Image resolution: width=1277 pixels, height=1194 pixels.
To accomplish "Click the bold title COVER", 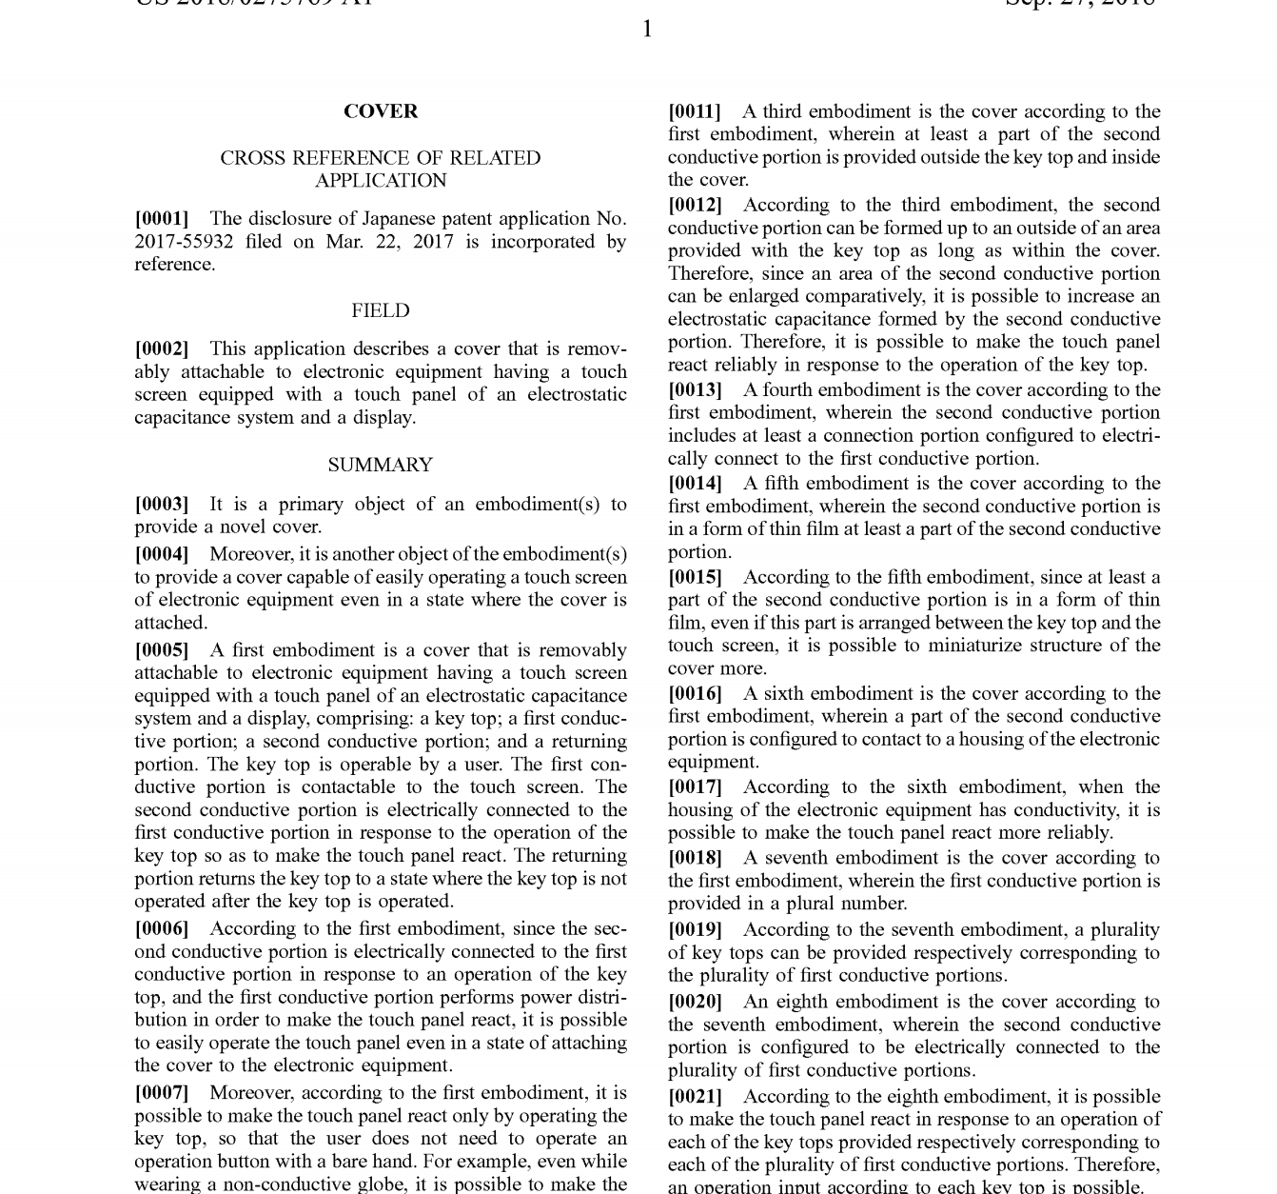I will click(x=381, y=111).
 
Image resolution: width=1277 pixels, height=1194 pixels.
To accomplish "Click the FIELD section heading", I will click(x=381, y=310).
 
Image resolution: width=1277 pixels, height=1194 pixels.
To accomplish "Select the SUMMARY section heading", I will click(x=381, y=465).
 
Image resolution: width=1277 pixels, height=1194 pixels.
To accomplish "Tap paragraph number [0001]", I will click(x=162, y=219).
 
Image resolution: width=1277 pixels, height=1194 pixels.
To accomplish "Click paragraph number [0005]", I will click(x=162, y=650).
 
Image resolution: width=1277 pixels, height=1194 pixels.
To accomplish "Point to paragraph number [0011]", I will click(x=695, y=111).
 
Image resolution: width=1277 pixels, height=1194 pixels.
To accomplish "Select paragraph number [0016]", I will click(x=695, y=693).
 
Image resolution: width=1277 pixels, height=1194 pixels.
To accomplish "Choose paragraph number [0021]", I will click(x=695, y=1097).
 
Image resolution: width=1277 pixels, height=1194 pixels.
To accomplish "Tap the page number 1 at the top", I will click(x=647, y=30).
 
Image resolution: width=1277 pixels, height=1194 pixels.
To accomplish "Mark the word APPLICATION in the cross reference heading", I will click(x=381, y=181).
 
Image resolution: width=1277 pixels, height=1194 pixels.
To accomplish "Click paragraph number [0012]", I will click(x=695, y=205).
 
